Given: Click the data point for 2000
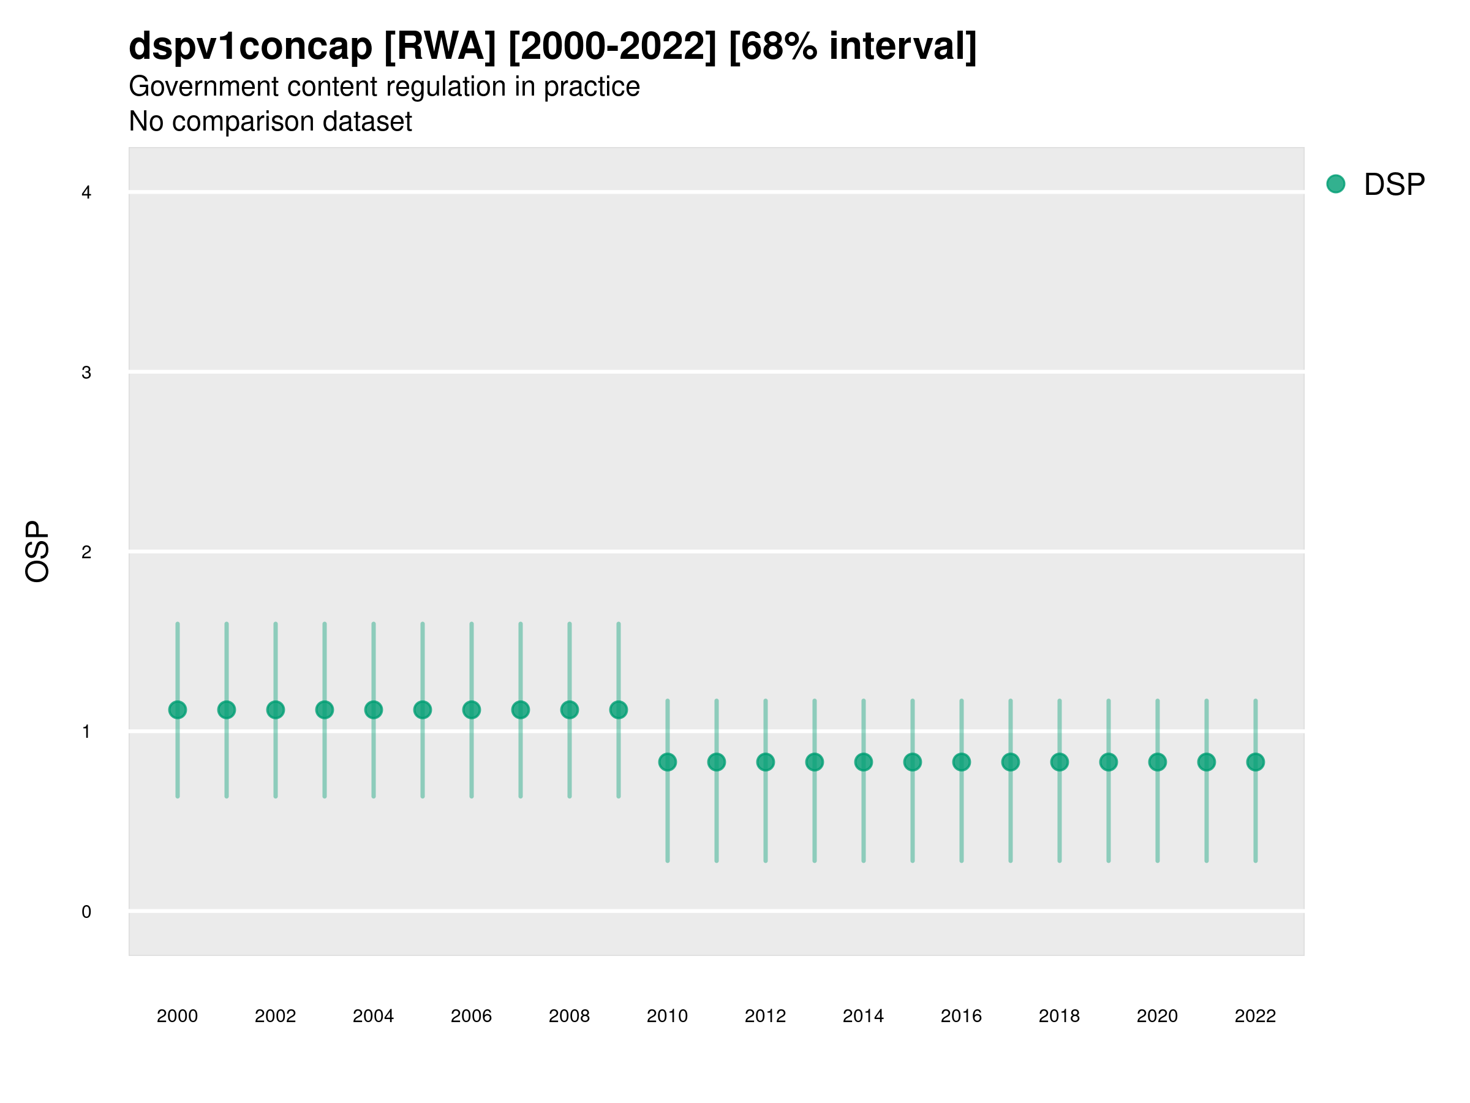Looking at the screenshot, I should click(178, 710).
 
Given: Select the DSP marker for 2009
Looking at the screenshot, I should click(618, 710).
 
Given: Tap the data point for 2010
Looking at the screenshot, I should click(667, 762).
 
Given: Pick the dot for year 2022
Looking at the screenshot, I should click(1256, 762).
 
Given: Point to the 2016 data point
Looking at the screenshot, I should click(961, 762).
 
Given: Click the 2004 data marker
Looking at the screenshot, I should click(374, 710).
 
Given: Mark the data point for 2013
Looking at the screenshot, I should click(814, 762).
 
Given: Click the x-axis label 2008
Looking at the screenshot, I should click(569, 1016).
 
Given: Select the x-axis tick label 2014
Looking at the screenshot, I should click(863, 1016).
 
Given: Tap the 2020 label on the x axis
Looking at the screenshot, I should click(1157, 1016).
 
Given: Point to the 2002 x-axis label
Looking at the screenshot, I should click(275, 1016).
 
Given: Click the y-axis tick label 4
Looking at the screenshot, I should click(86, 193).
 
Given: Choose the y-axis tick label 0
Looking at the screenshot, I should click(86, 912).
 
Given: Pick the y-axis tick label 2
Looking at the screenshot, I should click(86, 552).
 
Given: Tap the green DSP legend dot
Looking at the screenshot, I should click(1336, 184).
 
